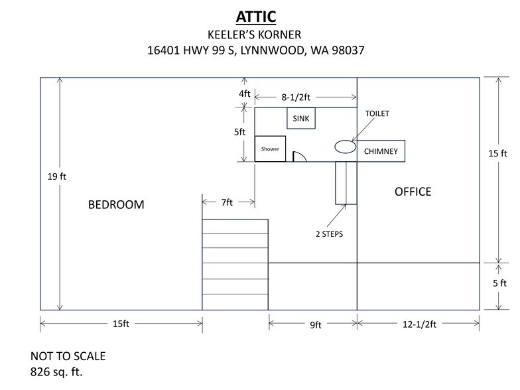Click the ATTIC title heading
click(256, 17)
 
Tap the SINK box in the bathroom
click(301, 118)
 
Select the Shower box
click(270, 149)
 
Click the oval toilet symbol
click(345, 147)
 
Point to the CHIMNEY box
click(381, 151)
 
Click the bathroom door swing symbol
click(300, 157)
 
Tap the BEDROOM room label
click(116, 204)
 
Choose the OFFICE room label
click(413, 192)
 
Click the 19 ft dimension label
click(57, 176)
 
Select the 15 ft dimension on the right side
click(497, 153)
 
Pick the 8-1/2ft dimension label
click(296, 97)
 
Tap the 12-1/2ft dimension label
click(419, 324)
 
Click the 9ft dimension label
click(316, 325)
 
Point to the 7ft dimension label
click(227, 202)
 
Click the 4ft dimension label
click(244, 94)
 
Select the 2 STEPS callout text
click(329, 234)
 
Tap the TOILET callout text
click(377, 113)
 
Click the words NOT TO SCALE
click(68, 356)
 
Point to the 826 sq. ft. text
click(56, 371)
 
